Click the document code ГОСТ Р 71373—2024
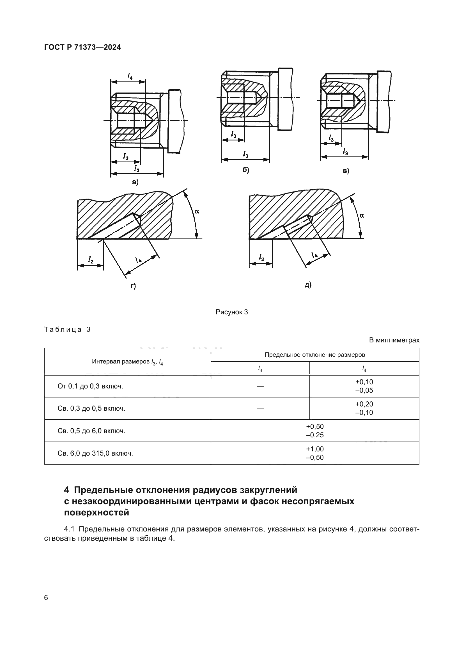pyautogui.click(x=82, y=47)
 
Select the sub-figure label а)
pyautogui.click(x=135, y=182)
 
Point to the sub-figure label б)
pyautogui.click(x=246, y=170)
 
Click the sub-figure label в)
pyautogui.click(x=346, y=171)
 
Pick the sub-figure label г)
pyautogui.click(x=134, y=286)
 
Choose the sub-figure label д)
pyautogui.click(x=308, y=285)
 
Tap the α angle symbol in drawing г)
pyautogui.click(x=197, y=212)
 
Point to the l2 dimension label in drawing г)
pyautogui.click(x=91, y=260)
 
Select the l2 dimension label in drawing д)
pyautogui.click(x=261, y=257)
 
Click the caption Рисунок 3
pyautogui.click(x=232, y=312)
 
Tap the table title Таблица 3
pyautogui.click(x=67, y=329)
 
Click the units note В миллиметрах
pyautogui.click(x=394, y=340)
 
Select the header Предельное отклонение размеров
pyautogui.click(x=314, y=355)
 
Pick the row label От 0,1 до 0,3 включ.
pyautogui.click(x=90, y=386)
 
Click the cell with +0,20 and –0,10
pyautogui.click(x=364, y=408)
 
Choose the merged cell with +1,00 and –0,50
pyautogui.click(x=314, y=453)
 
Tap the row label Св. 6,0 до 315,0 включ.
pyautogui.click(x=95, y=453)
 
